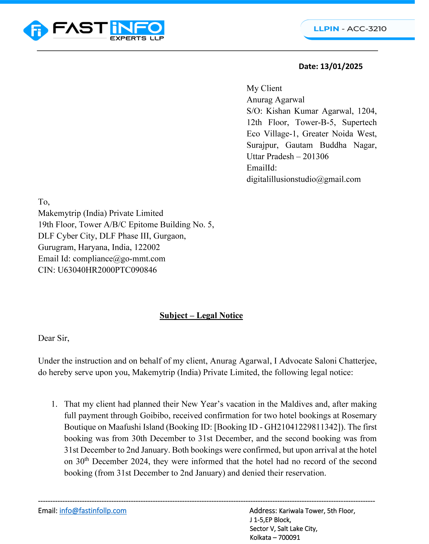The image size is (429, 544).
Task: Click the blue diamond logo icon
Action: click(x=36, y=30)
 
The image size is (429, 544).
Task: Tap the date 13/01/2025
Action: click(x=341, y=67)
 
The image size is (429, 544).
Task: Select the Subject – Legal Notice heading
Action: click(x=201, y=315)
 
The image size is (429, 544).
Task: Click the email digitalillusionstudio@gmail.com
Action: click(x=303, y=179)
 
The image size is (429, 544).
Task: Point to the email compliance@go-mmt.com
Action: click(x=119, y=259)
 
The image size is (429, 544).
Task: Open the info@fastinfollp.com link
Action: click(x=93, y=511)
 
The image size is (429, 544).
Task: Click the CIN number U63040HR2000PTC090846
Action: click(x=107, y=270)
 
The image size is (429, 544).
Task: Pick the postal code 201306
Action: click(x=315, y=156)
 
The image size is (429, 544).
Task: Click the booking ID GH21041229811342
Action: click(x=301, y=427)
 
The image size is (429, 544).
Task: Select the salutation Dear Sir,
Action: click(x=54, y=338)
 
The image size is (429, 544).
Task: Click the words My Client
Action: click(x=264, y=88)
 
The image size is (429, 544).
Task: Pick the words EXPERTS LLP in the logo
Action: click(x=137, y=38)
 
